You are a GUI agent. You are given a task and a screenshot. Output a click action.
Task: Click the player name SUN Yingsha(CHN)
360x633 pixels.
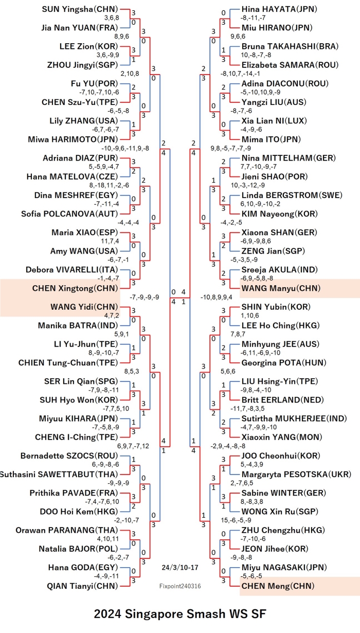(x=80, y=9)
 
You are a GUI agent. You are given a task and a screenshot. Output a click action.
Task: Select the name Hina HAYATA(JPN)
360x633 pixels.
(x=279, y=9)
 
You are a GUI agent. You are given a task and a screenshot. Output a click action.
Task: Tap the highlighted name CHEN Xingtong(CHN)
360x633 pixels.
(x=75, y=288)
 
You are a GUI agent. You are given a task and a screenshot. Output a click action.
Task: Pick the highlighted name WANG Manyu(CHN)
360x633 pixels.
(x=281, y=288)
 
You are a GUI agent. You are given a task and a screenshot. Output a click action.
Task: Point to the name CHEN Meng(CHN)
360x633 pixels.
(x=278, y=586)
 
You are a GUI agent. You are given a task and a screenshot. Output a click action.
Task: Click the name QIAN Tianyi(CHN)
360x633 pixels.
(x=82, y=586)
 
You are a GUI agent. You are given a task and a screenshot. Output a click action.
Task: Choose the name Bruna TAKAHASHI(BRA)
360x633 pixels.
(x=290, y=46)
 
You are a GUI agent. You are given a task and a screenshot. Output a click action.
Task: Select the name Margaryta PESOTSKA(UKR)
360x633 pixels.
(x=296, y=474)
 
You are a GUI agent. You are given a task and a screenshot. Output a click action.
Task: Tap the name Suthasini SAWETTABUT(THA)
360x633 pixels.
(x=59, y=474)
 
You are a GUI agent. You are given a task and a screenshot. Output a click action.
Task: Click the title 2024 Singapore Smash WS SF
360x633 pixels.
(x=180, y=614)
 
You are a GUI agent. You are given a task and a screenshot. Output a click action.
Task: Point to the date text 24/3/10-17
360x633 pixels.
(x=180, y=568)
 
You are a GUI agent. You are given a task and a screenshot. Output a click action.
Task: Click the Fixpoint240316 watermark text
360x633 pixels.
(x=180, y=586)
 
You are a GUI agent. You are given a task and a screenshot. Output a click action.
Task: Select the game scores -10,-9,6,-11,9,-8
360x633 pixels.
(x=125, y=148)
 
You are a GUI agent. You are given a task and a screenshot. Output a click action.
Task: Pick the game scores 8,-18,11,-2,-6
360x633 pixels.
(x=109, y=185)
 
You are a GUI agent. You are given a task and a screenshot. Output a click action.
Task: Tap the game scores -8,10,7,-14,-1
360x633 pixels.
(x=240, y=74)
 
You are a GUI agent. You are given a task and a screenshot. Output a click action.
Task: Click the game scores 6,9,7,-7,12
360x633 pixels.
(x=133, y=446)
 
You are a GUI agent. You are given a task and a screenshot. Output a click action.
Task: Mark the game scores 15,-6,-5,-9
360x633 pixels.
(x=236, y=520)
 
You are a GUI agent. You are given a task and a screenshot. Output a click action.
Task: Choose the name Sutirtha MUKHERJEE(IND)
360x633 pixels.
(x=294, y=418)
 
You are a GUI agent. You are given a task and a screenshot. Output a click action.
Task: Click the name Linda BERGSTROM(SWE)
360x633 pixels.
(x=292, y=195)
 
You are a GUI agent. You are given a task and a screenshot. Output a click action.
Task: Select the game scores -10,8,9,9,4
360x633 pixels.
(x=217, y=297)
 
